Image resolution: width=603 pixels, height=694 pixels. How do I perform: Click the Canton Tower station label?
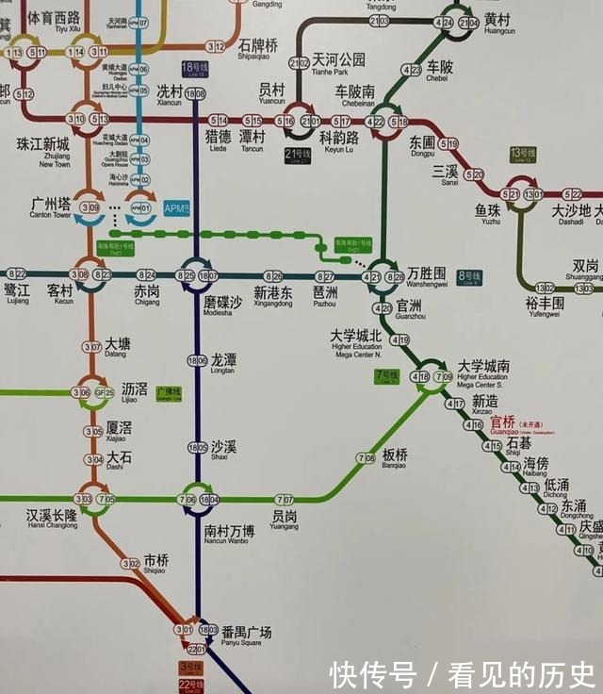[x=51, y=207]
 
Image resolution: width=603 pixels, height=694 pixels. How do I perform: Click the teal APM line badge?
[x=176, y=208]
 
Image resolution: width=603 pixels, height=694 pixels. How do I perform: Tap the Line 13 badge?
[x=522, y=153]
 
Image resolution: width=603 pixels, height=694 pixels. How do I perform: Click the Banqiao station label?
[x=395, y=457]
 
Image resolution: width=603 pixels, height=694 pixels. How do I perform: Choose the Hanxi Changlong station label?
[x=52, y=519]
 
